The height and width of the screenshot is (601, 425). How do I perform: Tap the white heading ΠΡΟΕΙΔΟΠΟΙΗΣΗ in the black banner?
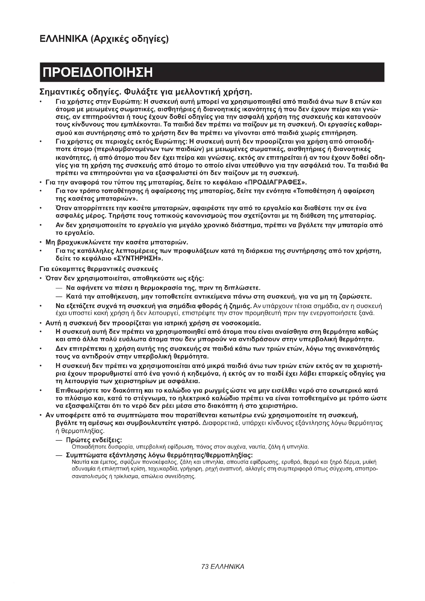point(98,72)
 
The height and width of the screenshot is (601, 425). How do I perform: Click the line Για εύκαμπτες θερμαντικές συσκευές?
point(99,269)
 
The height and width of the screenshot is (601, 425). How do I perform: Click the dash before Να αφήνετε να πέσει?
point(59,288)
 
